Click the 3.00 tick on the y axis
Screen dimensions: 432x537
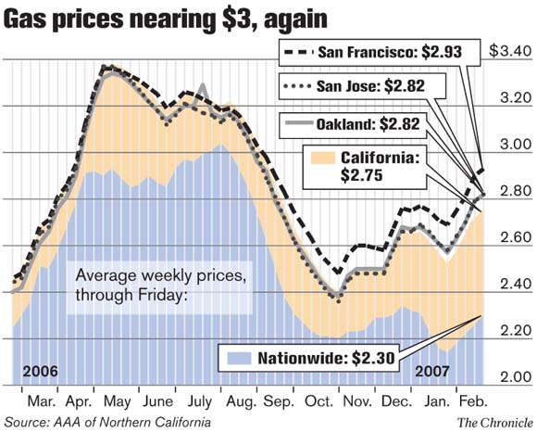[513, 145]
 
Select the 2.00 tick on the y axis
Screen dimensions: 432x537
[513, 377]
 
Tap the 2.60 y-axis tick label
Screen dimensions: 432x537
[513, 238]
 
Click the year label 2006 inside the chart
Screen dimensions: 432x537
[41, 371]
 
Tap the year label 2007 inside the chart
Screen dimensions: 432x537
[433, 371]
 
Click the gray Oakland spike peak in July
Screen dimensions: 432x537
[203, 86]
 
